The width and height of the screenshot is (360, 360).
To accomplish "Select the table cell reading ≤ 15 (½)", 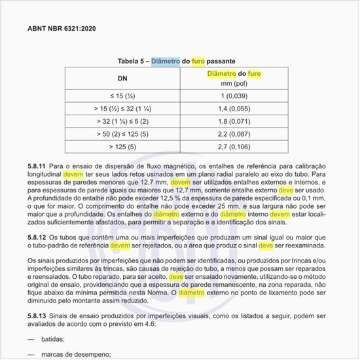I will [122, 96].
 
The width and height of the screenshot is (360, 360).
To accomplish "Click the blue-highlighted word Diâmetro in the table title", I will [165, 61].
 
